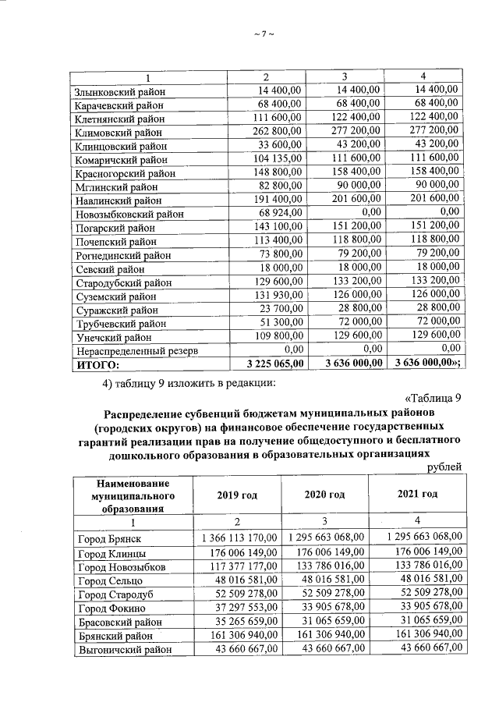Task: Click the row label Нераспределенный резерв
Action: pyautogui.click(x=136, y=350)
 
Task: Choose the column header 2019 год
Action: pyautogui.click(x=237, y=495)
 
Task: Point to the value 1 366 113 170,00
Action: pyautogui.click(x=240, y=538)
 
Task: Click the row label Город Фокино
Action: pyautogui.click(x=111, y=608)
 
